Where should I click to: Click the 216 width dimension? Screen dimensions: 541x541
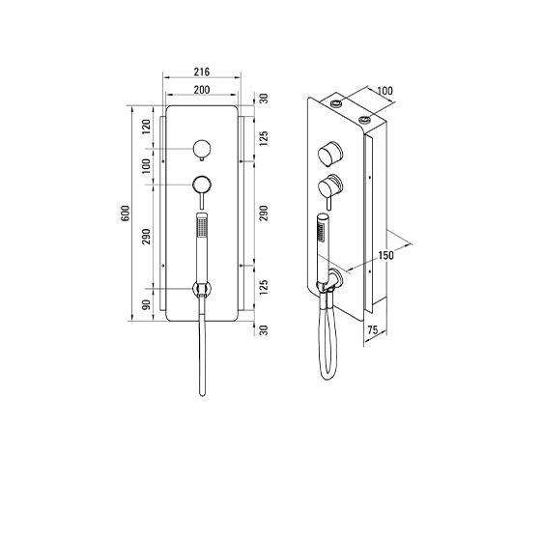[x=202, y=72]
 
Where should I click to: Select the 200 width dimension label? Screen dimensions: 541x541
[x=202, y=90]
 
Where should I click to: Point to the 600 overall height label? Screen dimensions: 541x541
[x=126, y=214]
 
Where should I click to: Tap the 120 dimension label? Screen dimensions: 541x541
[x=147, y=127]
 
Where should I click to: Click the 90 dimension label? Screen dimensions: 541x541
[x=147, y=304]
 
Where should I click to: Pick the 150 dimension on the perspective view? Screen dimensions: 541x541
[x=385, y=255]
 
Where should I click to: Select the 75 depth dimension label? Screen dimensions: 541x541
[x=372, y=329]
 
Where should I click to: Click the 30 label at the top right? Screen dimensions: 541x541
[x=264, y=99]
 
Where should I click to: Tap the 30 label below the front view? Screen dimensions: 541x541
[x=264, y=330]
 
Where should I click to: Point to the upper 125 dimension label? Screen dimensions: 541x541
[x=264, y=138]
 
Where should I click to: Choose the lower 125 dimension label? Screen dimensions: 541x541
[x=264, y=288]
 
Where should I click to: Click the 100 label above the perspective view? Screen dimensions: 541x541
[x=385, y=91]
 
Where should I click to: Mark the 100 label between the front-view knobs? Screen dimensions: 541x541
[x=147, y=166]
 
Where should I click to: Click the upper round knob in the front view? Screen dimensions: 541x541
[x=202, y=149]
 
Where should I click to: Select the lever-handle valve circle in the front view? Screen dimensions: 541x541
[x=202, y=185]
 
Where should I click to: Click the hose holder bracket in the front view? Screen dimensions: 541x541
[x=202, y=289]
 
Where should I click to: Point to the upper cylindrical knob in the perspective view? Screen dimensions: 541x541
[x=329, y=154]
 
